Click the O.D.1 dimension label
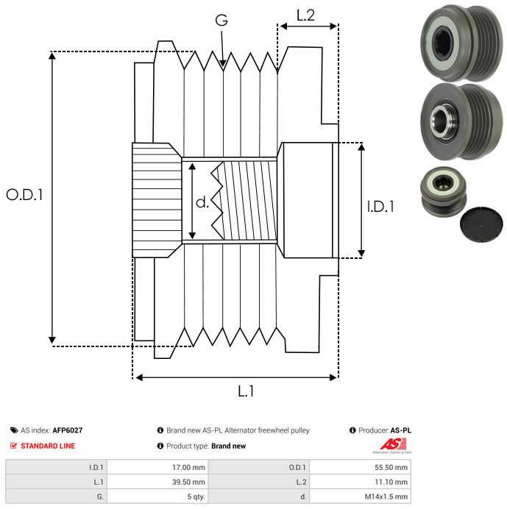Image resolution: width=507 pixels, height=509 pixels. click(x=25, y=196)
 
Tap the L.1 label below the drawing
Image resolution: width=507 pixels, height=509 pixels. click(x=245, y=391)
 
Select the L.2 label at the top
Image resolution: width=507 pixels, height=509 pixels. click(x=305, y=15)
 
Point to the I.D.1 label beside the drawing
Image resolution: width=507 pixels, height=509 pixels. click(x=380, y=207)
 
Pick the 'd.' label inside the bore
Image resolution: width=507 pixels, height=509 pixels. click(x=202, y=203)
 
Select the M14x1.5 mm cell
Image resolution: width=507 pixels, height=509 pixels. click(x=384, y=496)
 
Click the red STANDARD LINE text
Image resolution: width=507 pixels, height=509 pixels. click(x=48, y=446)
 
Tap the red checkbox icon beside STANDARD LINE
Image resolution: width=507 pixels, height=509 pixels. click(x=14, y=446)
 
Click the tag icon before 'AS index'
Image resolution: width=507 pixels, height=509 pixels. click(x=14, y=430)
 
